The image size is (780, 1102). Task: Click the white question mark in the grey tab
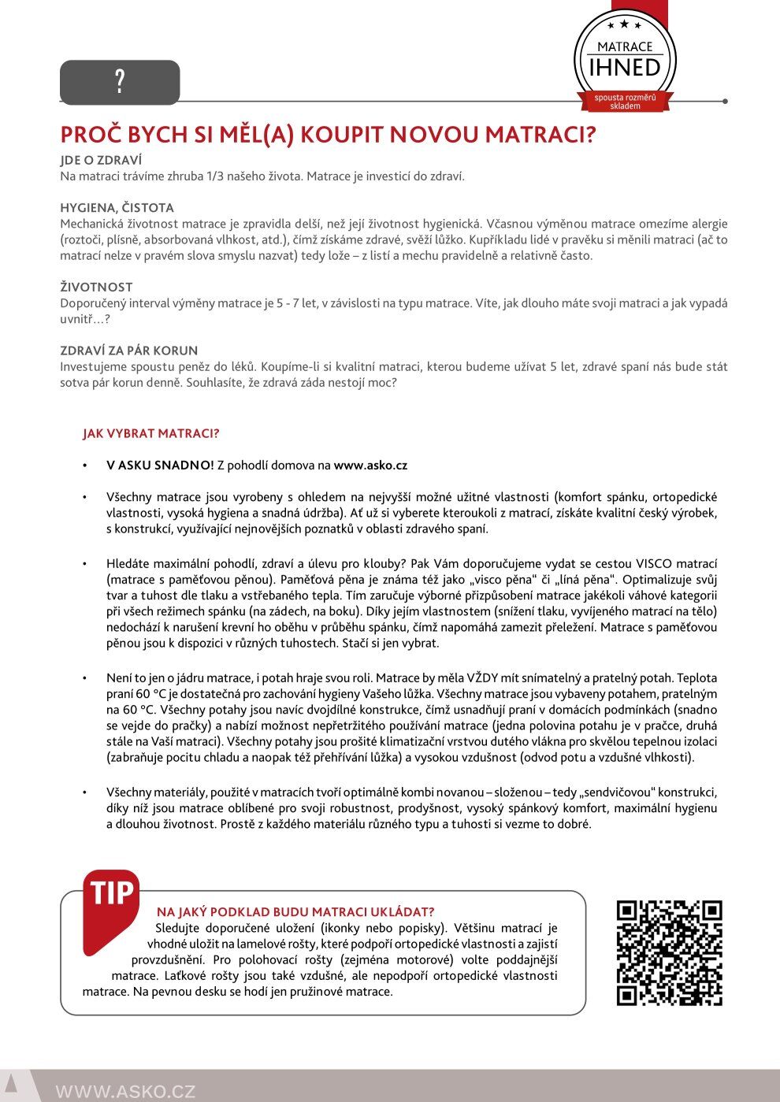[120, 81]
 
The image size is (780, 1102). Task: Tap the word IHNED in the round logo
[625, 68]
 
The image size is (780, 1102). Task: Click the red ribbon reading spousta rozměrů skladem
[625, 102]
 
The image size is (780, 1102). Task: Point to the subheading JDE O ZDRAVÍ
[101, 160]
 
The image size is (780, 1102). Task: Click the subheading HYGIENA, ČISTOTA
[117, 208]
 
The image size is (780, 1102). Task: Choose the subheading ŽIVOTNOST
[96, 287]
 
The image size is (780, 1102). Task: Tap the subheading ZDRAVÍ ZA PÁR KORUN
[128, 351]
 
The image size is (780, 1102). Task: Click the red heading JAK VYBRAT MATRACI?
[150, 433]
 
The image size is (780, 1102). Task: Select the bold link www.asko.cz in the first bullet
[370, 466]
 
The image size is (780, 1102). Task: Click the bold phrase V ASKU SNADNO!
[160, 466]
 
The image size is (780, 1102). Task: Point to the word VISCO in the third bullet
[654, 564]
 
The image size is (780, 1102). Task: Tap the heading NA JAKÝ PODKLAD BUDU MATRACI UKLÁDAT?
[295, 912]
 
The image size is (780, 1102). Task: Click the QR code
[669, 953]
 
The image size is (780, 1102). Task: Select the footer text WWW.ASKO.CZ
[125, 1091]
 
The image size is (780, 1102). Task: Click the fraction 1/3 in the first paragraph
[215, 176]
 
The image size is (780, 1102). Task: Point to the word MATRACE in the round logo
[625, 47]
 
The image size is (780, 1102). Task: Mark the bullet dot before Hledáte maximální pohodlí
[85, 564]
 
